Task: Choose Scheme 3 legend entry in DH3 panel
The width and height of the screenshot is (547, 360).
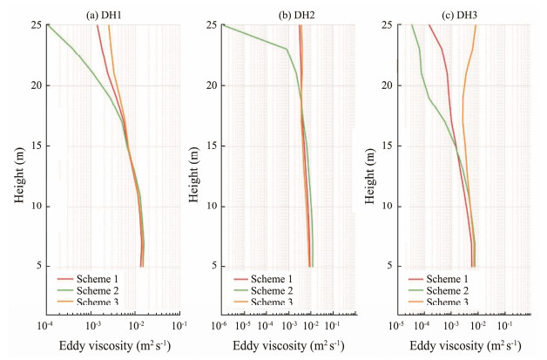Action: pos(437,302)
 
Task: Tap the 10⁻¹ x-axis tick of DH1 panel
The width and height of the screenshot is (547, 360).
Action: pos(180,325)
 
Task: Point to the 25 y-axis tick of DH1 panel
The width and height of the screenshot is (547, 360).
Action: pos(33,25)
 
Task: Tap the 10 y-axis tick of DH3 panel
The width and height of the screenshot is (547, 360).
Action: pos(381,206)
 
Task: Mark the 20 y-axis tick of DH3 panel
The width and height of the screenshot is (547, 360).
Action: pos(381,85)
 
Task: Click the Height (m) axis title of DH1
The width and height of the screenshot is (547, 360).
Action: pos(19,175)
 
